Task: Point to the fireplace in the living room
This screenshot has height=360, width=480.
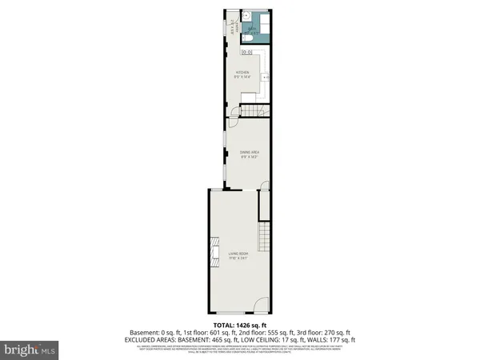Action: coord(214,250)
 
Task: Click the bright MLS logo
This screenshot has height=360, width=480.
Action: coord(30,349)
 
